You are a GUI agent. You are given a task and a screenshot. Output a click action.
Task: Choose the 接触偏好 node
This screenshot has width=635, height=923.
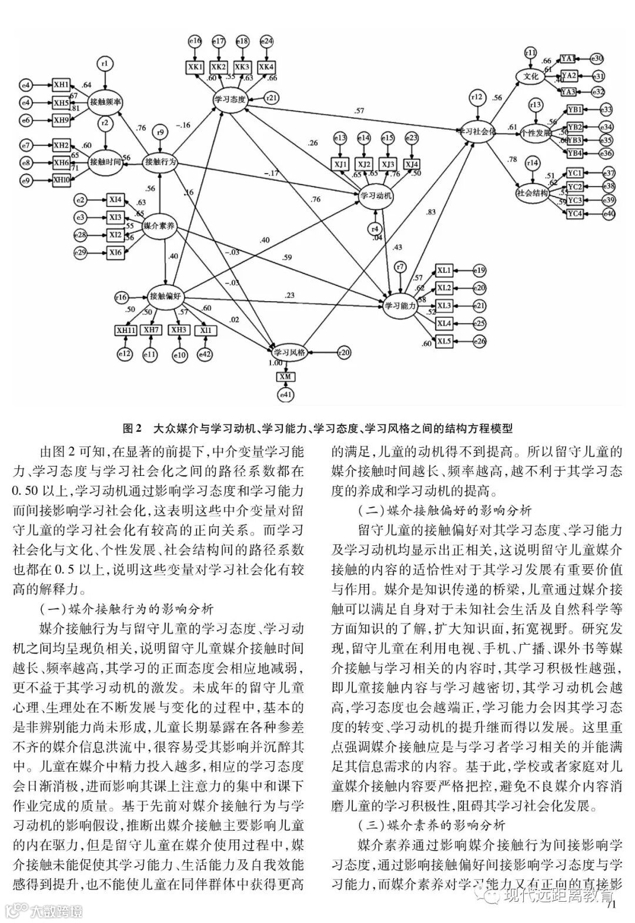click(x=166, y=296)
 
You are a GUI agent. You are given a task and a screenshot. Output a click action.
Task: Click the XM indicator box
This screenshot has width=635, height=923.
click(x=286, y=376)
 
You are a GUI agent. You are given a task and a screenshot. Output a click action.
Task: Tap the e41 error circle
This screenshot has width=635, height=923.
click(x=286, y=395)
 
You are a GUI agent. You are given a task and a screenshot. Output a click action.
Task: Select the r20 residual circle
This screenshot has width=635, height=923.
click(x=344, y=352)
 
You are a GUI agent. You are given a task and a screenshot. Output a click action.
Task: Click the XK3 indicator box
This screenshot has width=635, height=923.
click(x=242, y=66)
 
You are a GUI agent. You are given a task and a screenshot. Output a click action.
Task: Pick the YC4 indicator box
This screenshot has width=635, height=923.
click(x=574, y=214)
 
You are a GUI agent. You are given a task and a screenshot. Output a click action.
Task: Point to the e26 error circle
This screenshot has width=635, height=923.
click(x=480, y=341)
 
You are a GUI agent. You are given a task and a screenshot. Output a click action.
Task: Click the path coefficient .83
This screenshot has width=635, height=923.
click(x=430, y=212)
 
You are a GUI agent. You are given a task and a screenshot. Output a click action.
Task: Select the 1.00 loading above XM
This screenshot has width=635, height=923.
click(x=275, y=364)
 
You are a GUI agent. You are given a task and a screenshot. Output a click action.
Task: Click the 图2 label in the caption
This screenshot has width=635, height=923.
click(x=133, y=428)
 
